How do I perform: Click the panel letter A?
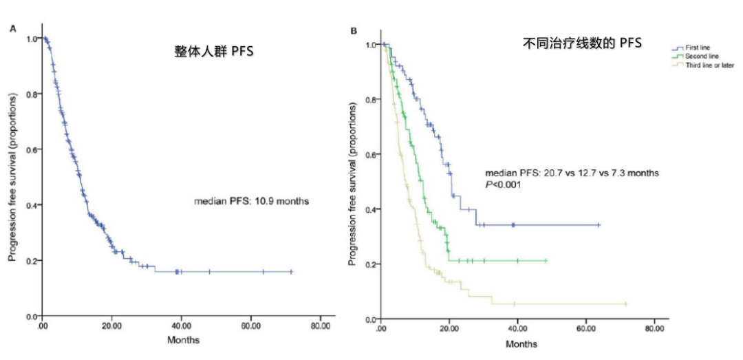tap(12, 28)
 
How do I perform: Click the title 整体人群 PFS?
tap(209, 50)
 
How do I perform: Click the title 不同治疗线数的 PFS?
tap(581, 44)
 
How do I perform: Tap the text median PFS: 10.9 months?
tap(250, 202)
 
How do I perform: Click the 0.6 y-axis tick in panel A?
tap(31, 149)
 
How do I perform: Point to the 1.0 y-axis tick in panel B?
tap(371, 45)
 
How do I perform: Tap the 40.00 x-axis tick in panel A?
tap(181, 328)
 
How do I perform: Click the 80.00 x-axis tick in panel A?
tap(320, 328)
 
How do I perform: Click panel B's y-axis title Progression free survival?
tap(352, 182)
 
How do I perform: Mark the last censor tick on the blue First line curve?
tap(599, 224)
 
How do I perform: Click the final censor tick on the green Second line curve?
tap(546, 261)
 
